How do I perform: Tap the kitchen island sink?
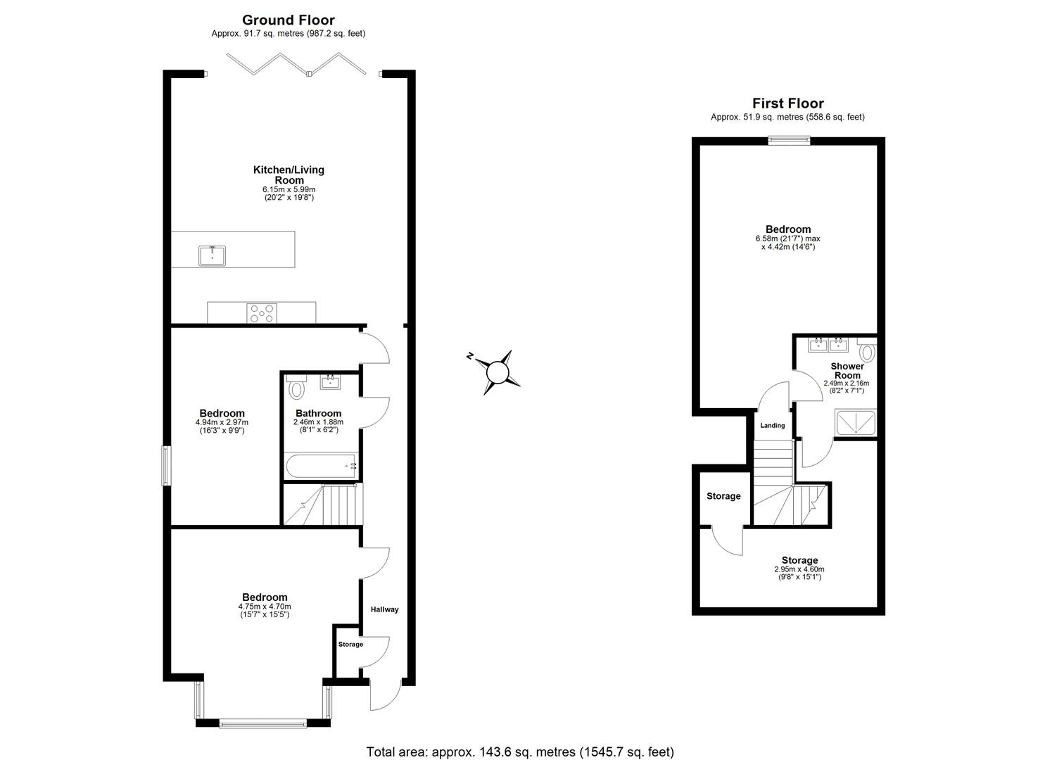[x=212, y=255]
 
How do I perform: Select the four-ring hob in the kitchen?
[x=262, y=312]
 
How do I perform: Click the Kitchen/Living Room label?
[x=289, y=175]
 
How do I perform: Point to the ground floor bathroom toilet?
[x=296, y=388]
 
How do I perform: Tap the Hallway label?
[x=385, y=609]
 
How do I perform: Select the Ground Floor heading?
[x=289, y=20]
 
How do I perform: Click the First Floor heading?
[x=787, y=103]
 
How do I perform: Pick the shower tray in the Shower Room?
[x=856, y=422]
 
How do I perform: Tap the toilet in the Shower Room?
[x=867, y=351]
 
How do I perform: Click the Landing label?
[x=773, y=425]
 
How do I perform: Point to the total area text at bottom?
[x=520, y=752]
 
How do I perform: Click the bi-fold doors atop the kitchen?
[x=296, y=63]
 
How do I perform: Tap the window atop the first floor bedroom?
[x=788, y=141]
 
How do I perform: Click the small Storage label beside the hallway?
[x=350, y=644]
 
